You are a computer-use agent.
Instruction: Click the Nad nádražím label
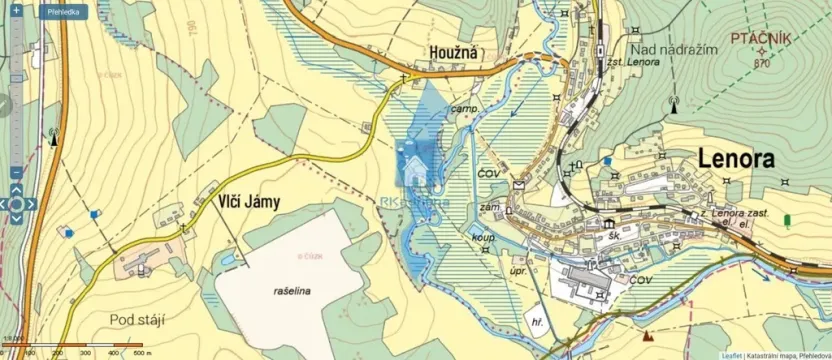[675, 49]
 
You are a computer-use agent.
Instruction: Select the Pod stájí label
[137, 318]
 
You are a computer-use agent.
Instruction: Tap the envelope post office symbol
[520, 184]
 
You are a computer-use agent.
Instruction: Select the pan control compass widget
[17, 203]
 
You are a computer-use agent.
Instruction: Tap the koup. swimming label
[484, 237]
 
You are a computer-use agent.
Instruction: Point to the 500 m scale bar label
[142, 352]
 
